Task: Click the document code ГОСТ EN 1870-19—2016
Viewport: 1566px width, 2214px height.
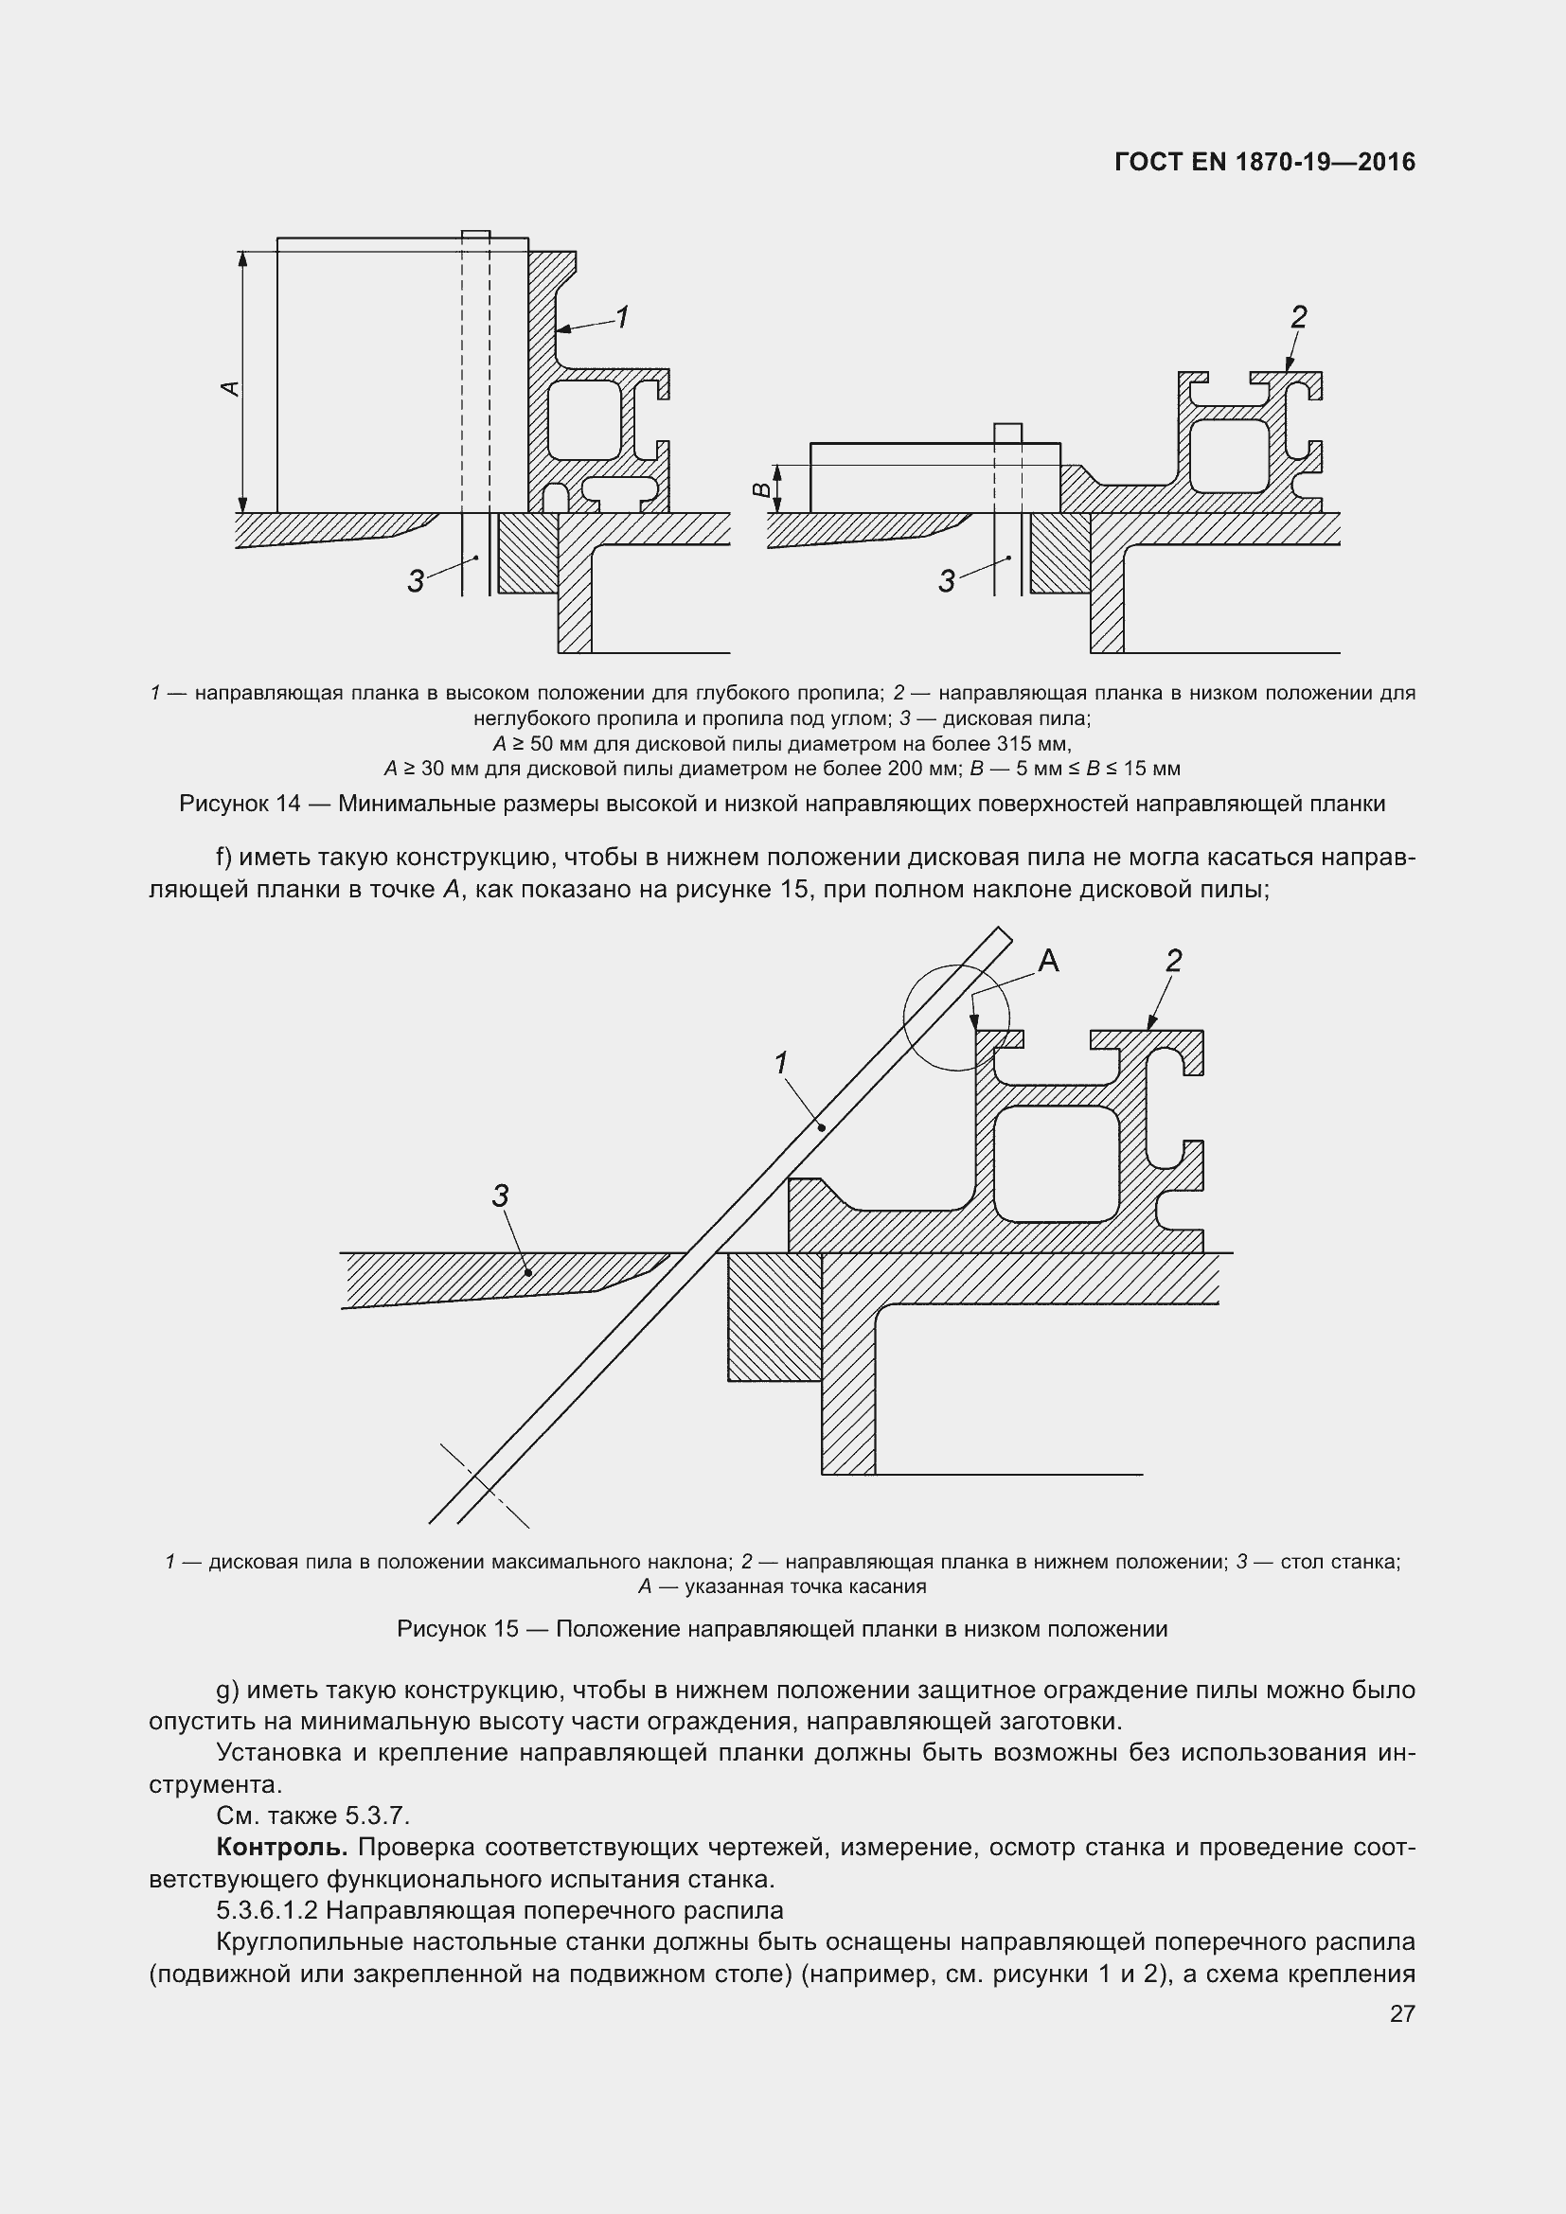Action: [1264, 162]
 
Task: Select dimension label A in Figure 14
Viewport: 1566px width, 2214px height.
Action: [229, 388]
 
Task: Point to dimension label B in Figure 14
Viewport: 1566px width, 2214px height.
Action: [762, 488]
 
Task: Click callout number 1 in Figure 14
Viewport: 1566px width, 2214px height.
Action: [622, 316]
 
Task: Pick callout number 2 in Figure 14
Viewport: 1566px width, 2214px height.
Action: [1298, 316]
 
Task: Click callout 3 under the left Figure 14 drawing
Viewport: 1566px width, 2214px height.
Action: [416, 580]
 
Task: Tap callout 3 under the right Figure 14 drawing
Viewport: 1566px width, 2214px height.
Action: [947, 580]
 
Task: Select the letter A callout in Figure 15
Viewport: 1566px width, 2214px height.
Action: [1048, 961]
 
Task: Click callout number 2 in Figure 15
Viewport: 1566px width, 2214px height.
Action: [1173, 961]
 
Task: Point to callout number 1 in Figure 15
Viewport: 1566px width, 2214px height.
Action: [781, 1063]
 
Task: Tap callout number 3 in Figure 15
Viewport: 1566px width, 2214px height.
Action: [500, 1196]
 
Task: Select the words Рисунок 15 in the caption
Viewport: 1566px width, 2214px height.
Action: [457, 1629]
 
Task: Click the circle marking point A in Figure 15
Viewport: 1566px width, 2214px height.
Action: [955, 1018]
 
